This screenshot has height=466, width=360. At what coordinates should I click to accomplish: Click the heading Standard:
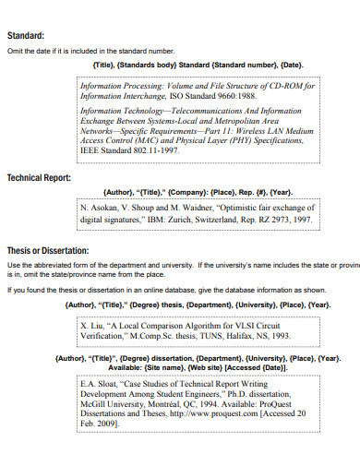pos(26,36)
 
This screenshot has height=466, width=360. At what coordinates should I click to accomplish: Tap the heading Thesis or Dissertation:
pos(48,250)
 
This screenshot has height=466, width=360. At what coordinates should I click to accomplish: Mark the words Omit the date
pos(30,52)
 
